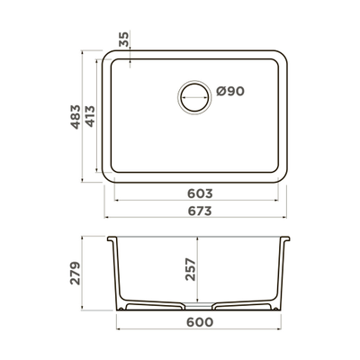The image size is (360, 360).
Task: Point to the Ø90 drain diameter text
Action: [x=230, y=93]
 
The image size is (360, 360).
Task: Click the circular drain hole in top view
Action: [x=193, y=95]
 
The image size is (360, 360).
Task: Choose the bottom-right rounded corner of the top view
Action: [x=281, y=170]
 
